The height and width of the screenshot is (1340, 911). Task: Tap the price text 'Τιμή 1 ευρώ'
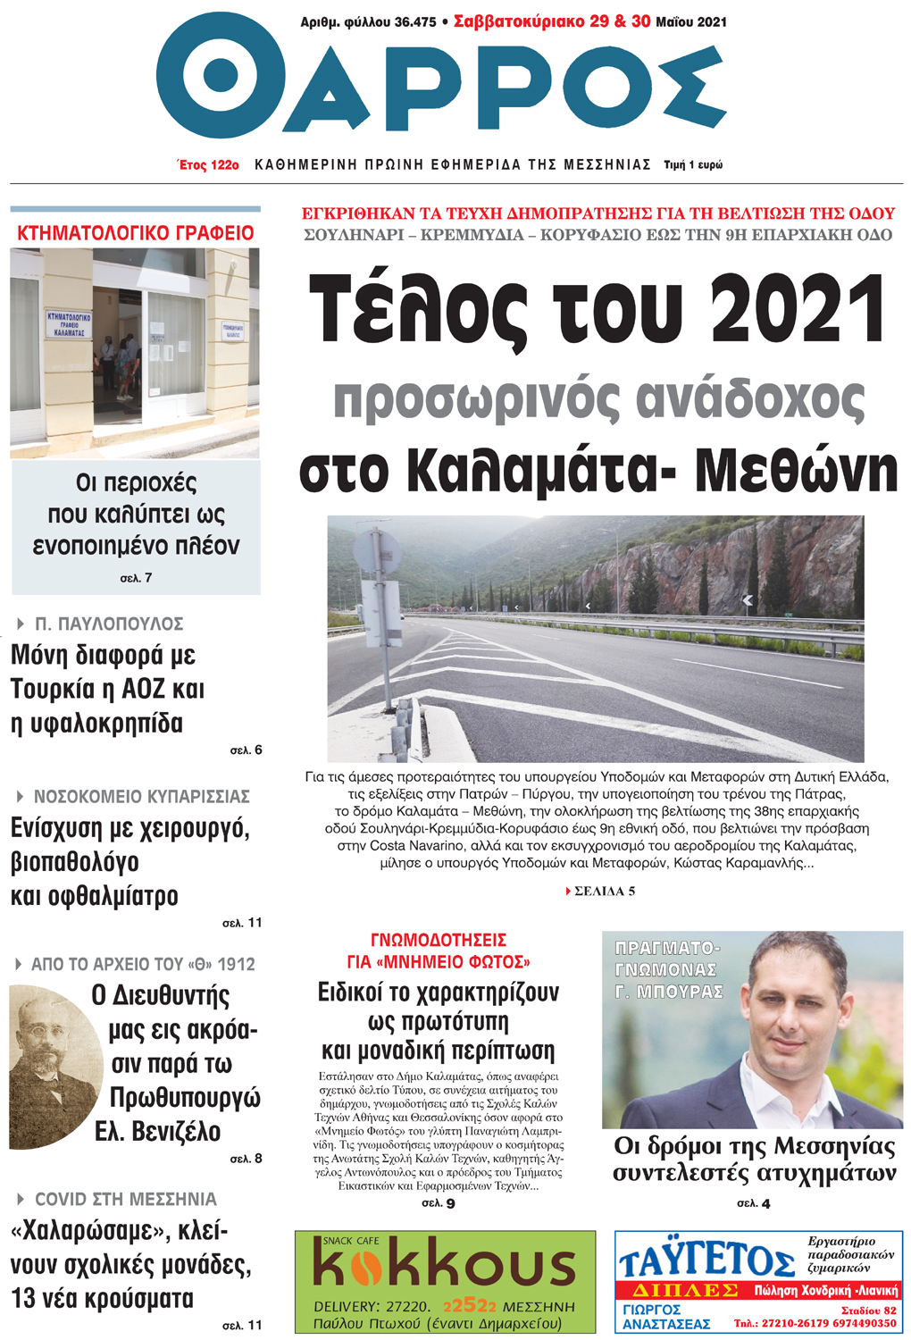[x=693, y=165]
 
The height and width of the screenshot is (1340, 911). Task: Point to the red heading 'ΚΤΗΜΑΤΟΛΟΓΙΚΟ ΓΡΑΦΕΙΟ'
[x=136, y=233]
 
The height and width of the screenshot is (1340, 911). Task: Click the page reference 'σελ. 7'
[x=136, y=578]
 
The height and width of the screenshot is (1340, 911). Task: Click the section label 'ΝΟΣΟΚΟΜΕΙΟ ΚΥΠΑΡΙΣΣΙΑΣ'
[x=141, y=796]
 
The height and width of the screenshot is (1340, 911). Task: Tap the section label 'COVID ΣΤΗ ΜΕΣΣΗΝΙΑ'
[x=125, y=1199]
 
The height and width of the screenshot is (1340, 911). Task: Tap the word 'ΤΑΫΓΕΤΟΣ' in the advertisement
[x=706, y=1260]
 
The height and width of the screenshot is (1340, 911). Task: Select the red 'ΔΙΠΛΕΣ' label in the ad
[x=684, y=1290]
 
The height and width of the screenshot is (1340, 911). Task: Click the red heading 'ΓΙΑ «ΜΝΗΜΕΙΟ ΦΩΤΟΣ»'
[x=439, y=962]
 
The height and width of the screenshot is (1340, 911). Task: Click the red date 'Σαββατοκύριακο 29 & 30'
[x=552, y=21]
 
